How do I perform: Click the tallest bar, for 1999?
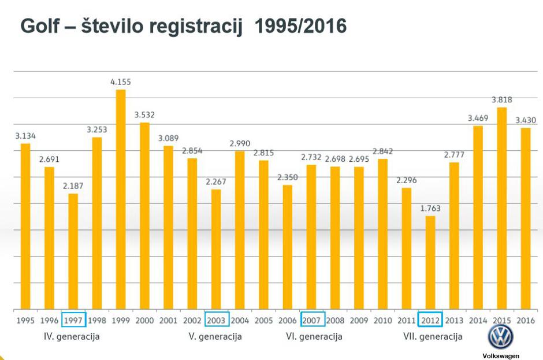tap(121, 199)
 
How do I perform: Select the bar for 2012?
tap(430, 262)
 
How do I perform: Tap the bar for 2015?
tap(502, 208)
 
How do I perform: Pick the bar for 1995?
tap(25, 226)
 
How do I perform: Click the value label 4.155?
tap(121, 82)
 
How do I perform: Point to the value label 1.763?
tap(430, 208)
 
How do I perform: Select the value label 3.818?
tap(502, 99)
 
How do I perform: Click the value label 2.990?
tap(240, 143)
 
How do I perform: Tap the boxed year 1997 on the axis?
tap(73, 320)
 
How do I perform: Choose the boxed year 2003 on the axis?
tap(217, 320)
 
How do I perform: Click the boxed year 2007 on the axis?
tap(313, 320)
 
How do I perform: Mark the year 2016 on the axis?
tap(526, 320)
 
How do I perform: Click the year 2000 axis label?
tap(144, 320)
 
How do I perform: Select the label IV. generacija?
tap(72, 336)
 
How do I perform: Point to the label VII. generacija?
tap(433, 336)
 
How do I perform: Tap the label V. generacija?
tap(215, 336)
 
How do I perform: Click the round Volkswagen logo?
tap(500, 337)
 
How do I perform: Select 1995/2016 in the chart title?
tap(300, 26)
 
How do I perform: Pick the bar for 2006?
tap(288, 247)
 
